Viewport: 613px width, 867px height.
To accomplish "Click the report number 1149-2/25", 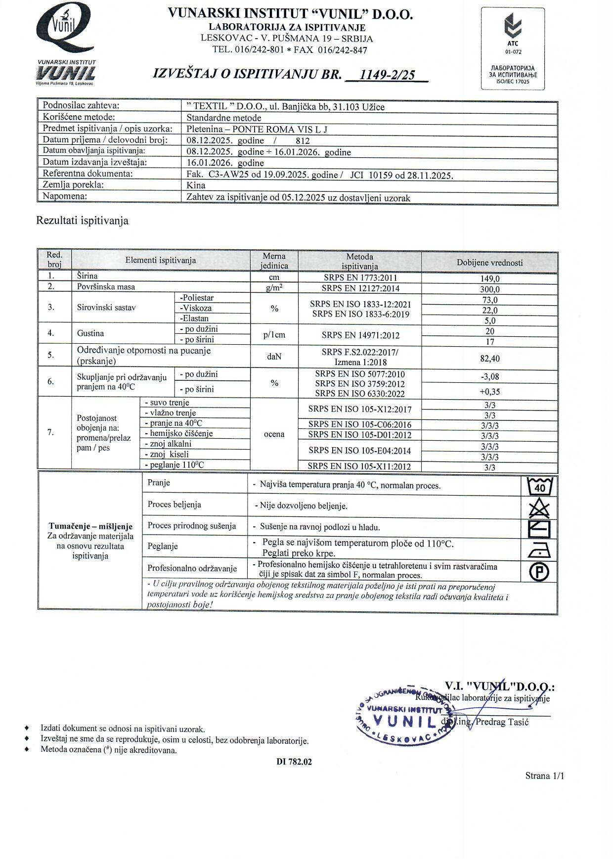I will (387, 75).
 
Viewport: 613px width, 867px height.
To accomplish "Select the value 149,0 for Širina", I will (489, 278).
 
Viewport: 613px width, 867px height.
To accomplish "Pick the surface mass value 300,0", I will (489, 289).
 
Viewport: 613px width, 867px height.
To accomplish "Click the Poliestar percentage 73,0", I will (489, 300).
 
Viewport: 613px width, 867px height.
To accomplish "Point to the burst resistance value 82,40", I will (489, 358).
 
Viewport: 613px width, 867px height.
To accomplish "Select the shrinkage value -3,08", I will (489, 377).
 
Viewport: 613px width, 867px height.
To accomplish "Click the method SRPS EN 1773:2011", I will (360, 278).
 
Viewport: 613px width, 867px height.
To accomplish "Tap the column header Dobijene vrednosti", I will (489, 263).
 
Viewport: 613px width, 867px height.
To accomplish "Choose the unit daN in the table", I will (274, 356).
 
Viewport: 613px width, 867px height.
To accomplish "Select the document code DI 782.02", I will (294, 762).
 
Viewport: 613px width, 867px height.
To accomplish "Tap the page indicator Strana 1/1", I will (544, 776).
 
